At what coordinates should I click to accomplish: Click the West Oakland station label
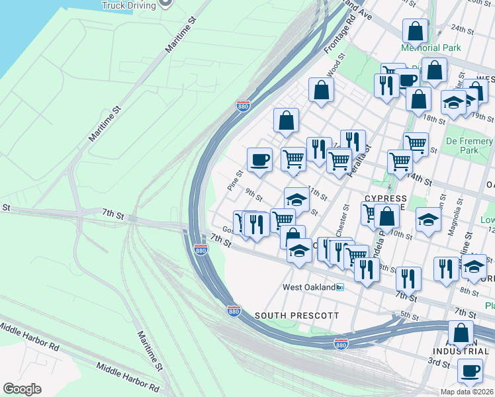click(x=309, y=287)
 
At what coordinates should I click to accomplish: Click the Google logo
click(x=22, y=389)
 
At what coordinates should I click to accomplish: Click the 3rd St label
click(x=438, y=363)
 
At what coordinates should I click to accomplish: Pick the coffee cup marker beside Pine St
click(x=259, y=159)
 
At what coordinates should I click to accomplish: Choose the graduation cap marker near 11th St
click(x=297, y=199)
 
